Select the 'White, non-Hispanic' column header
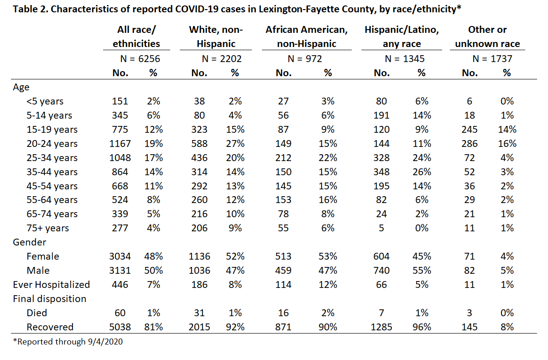pos(216,37)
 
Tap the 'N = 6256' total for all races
pos(140,59)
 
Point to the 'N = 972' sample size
pos(305,59)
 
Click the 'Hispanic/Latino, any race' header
pos(402,37)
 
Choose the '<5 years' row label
pos(45,101)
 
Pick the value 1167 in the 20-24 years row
pos(120,144)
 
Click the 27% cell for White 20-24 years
pos(235,144)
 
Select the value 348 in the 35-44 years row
pos(381,172)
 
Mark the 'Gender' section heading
pos(29,242)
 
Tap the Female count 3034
pos(120,256)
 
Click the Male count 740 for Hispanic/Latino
pos(381,271)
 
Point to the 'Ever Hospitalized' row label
pos(52,285)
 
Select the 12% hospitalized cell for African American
pos(328,285)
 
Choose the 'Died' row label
pos(37,313)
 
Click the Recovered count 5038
pos(120,327)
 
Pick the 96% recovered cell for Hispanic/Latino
pos(422,327)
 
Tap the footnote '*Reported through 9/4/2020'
pos(68,342)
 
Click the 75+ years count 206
pos(199,228)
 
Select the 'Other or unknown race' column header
pos(487,37)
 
